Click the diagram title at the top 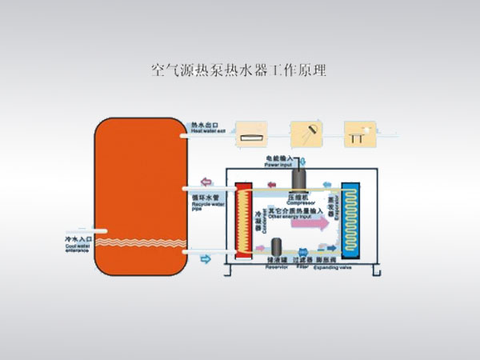pos(238,70)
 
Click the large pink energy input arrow pos(301,225)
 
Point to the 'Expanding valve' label pos(334,265)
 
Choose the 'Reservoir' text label pos(277,265)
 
